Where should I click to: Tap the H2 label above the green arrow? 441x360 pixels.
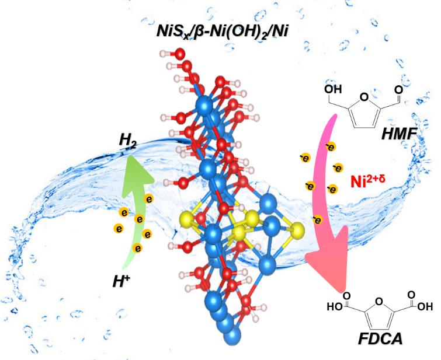click(128, 140)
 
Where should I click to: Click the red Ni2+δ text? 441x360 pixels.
click(367, 180)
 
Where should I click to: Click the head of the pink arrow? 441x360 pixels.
click(329, 267)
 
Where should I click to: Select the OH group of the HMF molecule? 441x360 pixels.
click(333, 89)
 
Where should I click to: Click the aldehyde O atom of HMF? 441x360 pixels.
click(398, 90)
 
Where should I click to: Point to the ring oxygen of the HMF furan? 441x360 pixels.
click(364, 97)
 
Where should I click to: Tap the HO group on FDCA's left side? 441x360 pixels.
click(335, 306)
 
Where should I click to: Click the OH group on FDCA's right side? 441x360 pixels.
click(425, 306)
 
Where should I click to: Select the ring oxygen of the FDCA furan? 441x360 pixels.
click(379, 302)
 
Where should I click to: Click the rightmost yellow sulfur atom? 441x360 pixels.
click(297, 230)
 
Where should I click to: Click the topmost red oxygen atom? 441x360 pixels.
click(180, 54)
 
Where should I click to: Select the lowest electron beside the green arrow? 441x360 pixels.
click(137, 248)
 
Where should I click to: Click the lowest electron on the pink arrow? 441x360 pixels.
click(317, 220)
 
